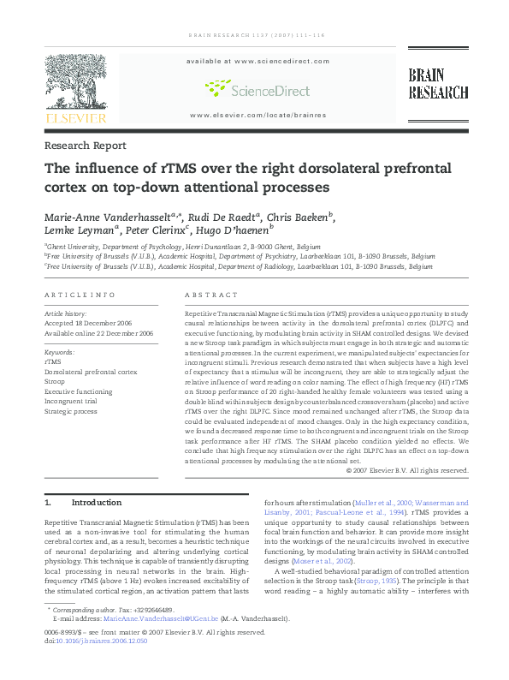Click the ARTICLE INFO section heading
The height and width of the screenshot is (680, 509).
(x=79, y=295)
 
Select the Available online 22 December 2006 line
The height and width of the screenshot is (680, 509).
(x=98, y=333)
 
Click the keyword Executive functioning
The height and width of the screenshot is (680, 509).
(x=78, y=391)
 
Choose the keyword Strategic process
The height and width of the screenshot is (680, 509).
(x=70, y=411)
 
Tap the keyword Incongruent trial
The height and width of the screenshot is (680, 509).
(x=74, y=401)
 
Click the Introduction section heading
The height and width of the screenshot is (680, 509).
(x=96, y=503)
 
